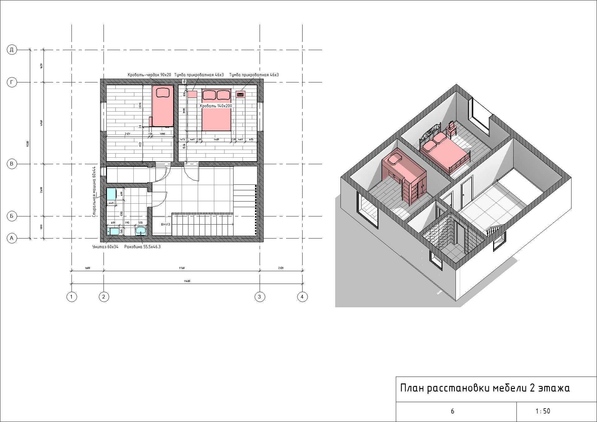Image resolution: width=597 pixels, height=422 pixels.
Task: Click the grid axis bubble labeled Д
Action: (12, 50)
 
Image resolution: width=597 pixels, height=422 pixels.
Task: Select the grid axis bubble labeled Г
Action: (12, 82)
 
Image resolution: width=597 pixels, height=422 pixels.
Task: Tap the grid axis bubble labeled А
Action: (12, 239)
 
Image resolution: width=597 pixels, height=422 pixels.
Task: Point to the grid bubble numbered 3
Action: (260, 297)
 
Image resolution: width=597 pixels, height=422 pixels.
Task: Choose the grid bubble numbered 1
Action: (72, 297)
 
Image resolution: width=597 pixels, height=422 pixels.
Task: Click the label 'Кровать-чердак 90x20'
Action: (149, 75)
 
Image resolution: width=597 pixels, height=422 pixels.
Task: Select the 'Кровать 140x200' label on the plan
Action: (216, 106)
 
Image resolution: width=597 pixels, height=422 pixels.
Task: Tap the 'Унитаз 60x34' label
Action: (105, 247)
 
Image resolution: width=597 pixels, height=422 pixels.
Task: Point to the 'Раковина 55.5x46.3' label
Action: (142, 247)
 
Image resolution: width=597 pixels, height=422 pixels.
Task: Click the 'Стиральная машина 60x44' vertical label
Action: (94, 192)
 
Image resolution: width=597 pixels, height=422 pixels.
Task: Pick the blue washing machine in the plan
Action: (111, 194)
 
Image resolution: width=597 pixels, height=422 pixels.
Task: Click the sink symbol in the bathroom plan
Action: (141, 231)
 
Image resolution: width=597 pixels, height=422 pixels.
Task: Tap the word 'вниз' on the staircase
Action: (165, 224)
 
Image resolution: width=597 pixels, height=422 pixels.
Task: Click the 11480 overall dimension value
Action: (187, 281)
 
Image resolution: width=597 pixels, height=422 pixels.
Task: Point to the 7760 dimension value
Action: (182, 268)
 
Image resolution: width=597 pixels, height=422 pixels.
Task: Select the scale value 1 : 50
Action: (543, 411)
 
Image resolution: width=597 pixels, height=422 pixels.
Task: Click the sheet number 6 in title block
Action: (452, 411)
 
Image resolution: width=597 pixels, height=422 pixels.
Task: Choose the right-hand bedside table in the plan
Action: (240, 94)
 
